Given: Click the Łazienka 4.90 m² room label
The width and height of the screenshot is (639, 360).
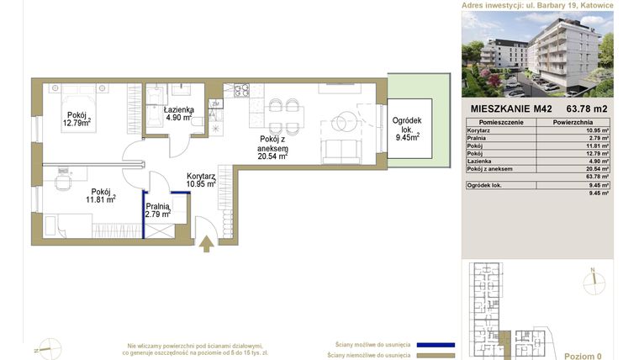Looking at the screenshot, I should [x=179, y=114].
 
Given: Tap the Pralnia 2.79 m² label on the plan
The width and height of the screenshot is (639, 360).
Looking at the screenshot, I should [x=158, y=210].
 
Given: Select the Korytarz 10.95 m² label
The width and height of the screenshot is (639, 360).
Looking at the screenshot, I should [x=201, y=179].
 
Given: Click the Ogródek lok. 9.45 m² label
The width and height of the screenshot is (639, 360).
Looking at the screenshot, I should [x=410, y=131].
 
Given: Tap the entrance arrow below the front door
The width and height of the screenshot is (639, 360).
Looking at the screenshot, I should [x=207, y=244].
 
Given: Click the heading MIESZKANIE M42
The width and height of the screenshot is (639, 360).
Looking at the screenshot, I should [x=510, y=109].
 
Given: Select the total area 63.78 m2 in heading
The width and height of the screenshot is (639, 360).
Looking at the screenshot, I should [x=587, y=109].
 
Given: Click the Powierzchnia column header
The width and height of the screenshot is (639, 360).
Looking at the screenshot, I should [x=575, y=122].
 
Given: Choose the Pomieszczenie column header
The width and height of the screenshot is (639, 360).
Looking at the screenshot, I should [x=500, y=122].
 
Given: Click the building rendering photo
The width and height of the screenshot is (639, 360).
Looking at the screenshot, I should [x=537, y=54].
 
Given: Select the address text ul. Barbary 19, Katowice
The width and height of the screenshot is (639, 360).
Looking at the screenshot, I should [x=573, y=5].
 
